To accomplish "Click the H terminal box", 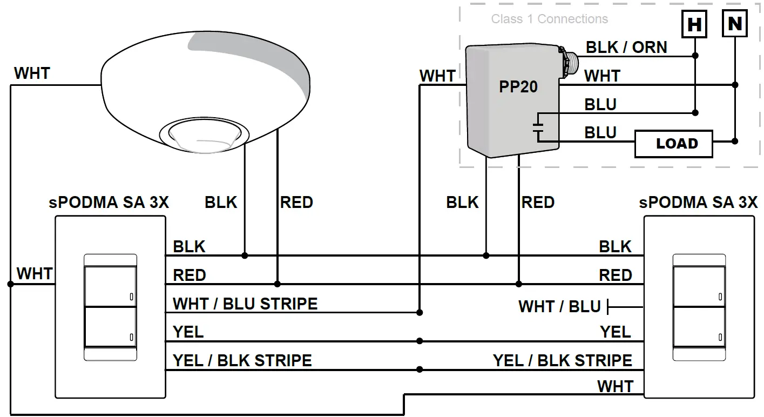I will [694, 24].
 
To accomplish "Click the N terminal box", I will [734, 24].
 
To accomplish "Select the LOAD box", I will [673, 144].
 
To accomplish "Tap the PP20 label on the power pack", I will [518, 87].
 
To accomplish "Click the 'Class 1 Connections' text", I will [549, 19].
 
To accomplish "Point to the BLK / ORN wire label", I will [626, 48].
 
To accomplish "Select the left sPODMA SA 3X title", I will [109, 203].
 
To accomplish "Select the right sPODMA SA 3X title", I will [698, 203].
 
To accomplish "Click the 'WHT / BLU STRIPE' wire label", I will [245, 304].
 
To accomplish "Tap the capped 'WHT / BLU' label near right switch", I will [559, 307].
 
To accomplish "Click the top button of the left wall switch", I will [110, 285].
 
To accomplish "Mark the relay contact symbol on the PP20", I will [538, 128].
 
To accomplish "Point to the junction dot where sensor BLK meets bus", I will [245, 255].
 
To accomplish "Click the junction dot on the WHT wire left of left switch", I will [10, 284].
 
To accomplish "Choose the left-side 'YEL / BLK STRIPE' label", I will [242, 360].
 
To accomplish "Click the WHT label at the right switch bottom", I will [615, 387].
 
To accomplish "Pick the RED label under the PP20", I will [538, 203].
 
